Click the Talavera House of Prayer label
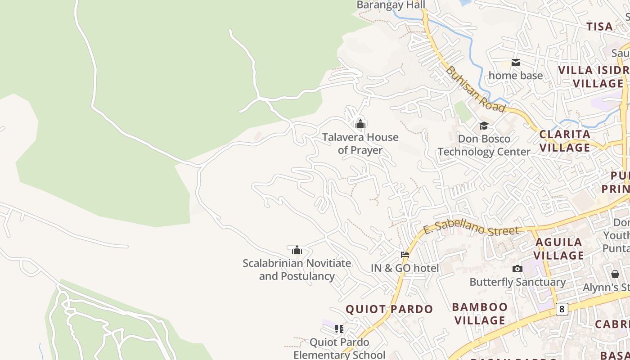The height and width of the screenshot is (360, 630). (360, 144)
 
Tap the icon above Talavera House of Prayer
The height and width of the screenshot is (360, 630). (360, 124)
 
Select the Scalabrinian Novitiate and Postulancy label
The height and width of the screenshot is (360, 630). (297, 270)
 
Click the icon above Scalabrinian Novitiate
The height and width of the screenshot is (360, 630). (297, 250)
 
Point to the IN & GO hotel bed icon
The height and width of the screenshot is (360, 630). (405, 255)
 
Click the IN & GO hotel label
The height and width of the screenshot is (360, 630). (405, 268)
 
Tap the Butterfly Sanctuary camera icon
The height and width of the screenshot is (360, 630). (517, 269)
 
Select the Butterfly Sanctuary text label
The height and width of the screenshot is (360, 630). (517, 282)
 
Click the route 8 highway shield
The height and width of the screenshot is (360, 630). (562, 309)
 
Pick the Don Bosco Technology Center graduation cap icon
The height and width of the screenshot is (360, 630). (484, 126)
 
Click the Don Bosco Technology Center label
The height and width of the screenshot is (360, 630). (484, 145)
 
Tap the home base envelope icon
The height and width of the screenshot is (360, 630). (516, 63)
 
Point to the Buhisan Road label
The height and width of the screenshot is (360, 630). (476, 90)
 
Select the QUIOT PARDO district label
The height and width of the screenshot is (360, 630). (389, 309)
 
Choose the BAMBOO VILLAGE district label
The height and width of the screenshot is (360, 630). (480, 314)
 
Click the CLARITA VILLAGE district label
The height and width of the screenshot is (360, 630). (565, 141)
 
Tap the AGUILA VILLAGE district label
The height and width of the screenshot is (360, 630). (559, 249)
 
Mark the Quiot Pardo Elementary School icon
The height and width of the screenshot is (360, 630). (339, 329)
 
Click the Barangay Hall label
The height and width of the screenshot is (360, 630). (391, 5)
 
